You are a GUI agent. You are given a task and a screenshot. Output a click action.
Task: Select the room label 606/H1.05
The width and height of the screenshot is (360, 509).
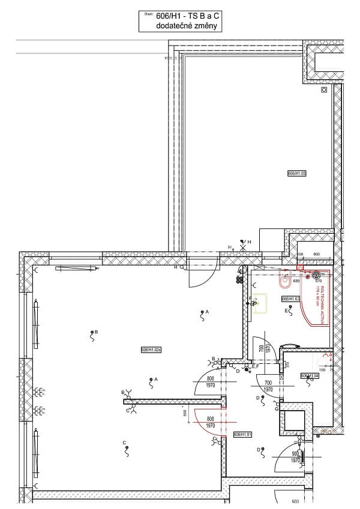pyautogui.click(x=297, y=173)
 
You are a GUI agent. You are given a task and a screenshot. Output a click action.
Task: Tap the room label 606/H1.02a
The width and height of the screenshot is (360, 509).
pyautogui.click(x=151, y=350)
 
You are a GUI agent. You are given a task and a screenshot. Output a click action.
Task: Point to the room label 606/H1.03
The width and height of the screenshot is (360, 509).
pyautogui.click(x=290, y=298)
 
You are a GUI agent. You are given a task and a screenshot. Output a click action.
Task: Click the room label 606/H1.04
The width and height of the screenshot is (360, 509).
pyautogui.click(x=309, y=375)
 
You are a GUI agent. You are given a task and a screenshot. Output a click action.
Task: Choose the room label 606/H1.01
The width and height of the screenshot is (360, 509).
pyautogui.click(x=242, y=434)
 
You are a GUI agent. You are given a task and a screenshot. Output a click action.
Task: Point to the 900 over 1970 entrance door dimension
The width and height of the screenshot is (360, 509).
pyautogui.click(x=295, y=457)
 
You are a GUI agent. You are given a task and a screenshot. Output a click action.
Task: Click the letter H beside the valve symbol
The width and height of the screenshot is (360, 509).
pyautogui.click(x=249, y=241)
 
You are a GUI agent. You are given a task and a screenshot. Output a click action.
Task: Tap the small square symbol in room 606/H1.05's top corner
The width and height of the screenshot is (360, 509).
pyautogui.click(x=324, y=90)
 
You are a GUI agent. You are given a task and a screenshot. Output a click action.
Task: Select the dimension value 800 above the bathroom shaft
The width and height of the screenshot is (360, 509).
pyautogui.click(x=317, y=254)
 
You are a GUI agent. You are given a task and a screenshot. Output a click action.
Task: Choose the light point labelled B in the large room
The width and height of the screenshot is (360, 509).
pyautogui.click(x=92, y=333)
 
